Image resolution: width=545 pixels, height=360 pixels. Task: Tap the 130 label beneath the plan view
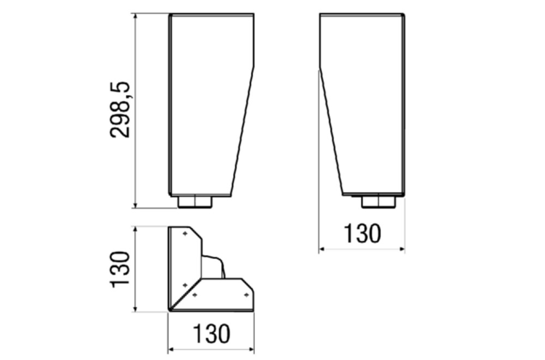(211, 334)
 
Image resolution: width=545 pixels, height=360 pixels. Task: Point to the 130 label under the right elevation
(362, 233)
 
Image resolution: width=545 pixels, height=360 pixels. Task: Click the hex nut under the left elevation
(195, 202)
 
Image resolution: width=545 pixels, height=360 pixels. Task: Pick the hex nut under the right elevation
(379, 202)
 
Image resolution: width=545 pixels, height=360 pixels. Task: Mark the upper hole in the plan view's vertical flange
(185, 234)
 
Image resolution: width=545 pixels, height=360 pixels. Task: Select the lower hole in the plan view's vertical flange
(185, 285)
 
